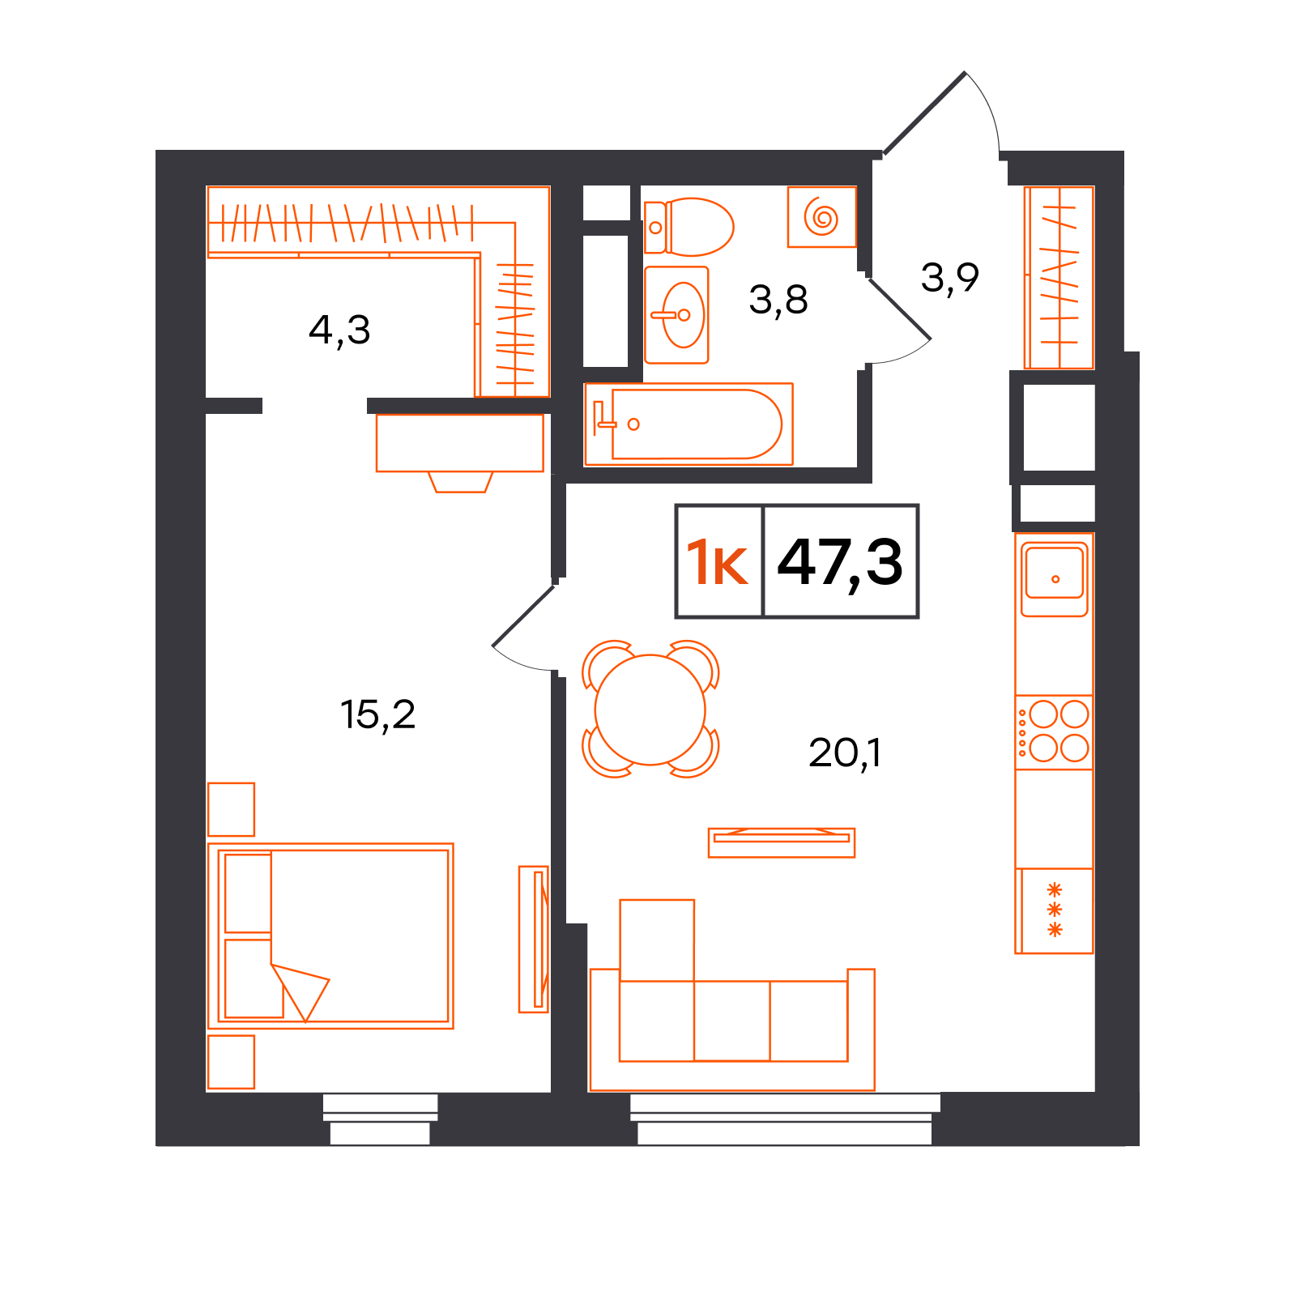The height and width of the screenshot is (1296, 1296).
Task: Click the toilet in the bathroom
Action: click(688, 227)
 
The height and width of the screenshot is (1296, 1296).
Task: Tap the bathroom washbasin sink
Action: click(676, 315)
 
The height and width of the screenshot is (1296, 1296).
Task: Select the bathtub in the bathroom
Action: click(688, 424)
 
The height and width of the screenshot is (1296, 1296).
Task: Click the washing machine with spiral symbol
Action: click(822, 216)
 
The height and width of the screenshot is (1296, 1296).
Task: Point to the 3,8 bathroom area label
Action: click(778, 300)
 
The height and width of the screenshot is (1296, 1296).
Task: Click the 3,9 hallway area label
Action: click(950, 278)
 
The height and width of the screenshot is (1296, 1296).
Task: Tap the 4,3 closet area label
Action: click(339, 330)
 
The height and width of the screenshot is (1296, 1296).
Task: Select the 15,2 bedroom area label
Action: click(377, 714)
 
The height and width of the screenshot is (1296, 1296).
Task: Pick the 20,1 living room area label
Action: click(845, 752)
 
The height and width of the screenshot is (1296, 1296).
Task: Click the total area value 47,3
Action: click(840, 562)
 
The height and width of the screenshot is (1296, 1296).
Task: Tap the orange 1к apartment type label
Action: click(717, 562)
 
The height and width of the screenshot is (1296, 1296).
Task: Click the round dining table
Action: click(650, 710)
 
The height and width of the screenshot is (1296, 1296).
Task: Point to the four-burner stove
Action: click(1054, 731)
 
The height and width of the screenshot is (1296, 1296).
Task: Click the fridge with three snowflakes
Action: click(1054, 910)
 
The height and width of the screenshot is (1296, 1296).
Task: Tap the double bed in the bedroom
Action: click(330, 936)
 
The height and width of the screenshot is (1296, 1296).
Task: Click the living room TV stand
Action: click(782, 842)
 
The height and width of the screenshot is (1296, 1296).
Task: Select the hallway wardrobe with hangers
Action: click(1059, 278)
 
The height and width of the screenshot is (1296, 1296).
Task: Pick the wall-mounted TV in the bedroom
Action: click(534, 939)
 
